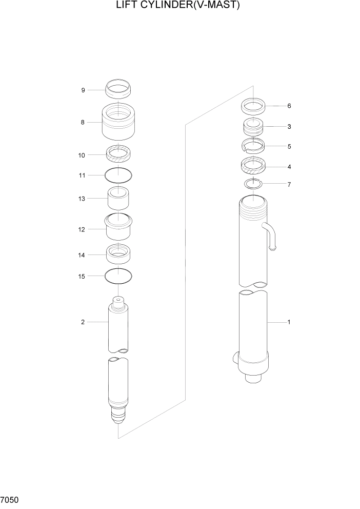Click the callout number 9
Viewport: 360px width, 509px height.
[83, 90]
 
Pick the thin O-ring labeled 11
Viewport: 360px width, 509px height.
[117, 175]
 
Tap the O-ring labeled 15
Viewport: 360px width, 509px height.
[117, 277]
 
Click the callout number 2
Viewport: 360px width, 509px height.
[82, 322]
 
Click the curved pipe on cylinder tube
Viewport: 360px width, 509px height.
[271, 236]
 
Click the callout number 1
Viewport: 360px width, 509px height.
[289, 322]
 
